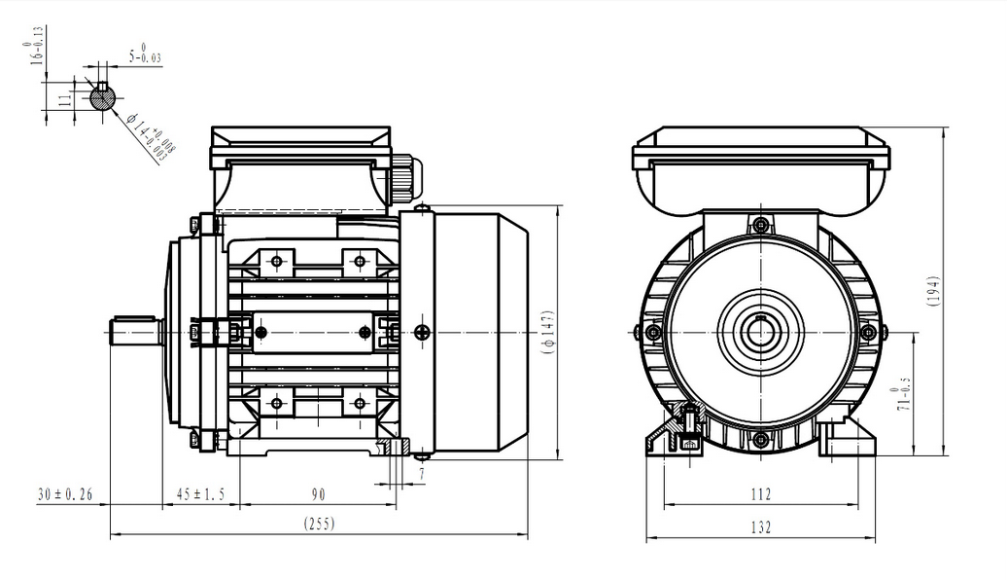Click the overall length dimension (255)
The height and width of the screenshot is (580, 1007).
tap(319, 525)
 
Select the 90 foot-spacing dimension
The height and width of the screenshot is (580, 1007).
tap(319, 494)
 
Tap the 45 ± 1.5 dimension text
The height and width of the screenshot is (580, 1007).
tap(200, 493)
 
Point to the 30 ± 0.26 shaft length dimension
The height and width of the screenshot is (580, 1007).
tap(65, 493)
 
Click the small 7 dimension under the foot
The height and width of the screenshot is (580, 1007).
tap(422, 475)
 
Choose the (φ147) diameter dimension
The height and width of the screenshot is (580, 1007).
tap(548, 333)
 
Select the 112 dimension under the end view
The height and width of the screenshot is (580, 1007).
tap(760, 494)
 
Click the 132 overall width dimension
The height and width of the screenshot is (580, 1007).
tap(760, 527)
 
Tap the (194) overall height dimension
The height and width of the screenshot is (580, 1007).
tap(934, 291)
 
